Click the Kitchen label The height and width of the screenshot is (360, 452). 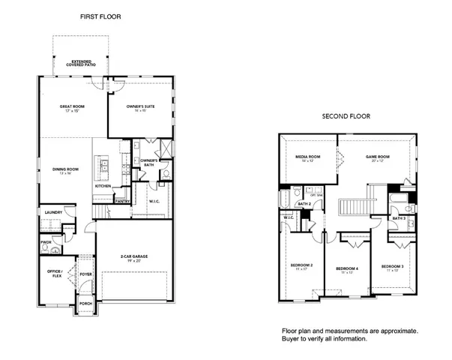[103, 186]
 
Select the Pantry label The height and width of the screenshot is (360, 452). [122, 201]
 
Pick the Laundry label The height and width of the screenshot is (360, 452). [53, 212]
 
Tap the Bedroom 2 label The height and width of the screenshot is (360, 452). [301, 266]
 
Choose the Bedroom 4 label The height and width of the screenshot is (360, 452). [346, 269]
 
